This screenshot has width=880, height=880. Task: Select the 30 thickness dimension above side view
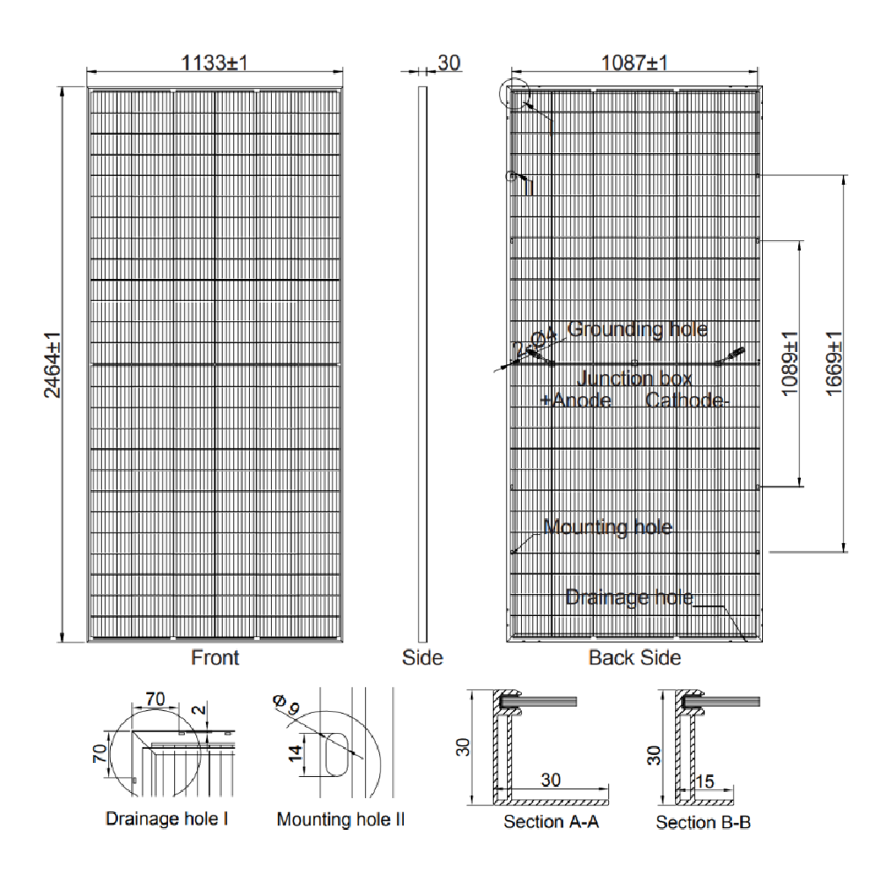(x=449, y=62)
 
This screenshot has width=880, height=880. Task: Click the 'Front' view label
(x=215, y=657)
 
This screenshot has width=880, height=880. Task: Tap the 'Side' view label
(x=422, y=657)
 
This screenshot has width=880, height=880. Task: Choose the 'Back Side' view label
(x=634, y=657)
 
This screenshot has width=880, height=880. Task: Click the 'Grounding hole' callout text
(x=637, y=329)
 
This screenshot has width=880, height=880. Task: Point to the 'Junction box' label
(x=634, y=379)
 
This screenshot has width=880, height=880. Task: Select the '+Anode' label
(x=576, y=400)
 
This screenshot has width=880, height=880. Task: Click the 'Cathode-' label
(x=687, y=400)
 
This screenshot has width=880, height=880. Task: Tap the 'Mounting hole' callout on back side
(x=607, y=527)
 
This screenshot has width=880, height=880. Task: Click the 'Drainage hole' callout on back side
(x=629, y=598)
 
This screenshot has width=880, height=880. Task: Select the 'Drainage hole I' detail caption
(x=167, y=819)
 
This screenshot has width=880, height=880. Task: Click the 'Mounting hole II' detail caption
(x=341, y=819)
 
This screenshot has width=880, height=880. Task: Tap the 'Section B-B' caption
(x=703, y=822)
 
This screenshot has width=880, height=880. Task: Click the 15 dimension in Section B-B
(x=704, y=781)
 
